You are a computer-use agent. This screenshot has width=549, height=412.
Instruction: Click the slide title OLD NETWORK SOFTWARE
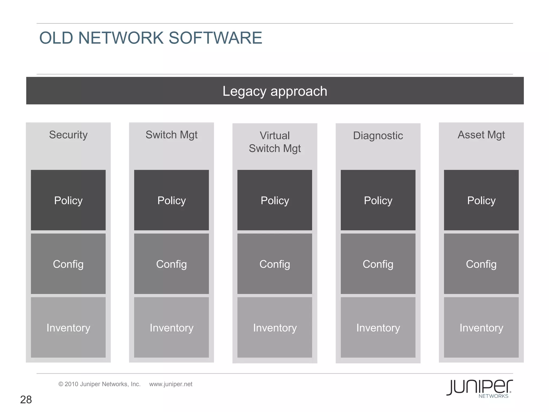150,38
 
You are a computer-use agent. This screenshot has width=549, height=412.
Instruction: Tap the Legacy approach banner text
275,91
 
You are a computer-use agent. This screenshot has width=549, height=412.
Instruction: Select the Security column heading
68,135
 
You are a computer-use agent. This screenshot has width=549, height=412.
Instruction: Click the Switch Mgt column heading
172,135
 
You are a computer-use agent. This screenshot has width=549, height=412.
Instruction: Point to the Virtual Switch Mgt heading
275,142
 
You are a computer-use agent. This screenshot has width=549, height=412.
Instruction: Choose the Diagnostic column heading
378,136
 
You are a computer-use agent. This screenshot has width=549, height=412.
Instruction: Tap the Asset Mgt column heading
481,135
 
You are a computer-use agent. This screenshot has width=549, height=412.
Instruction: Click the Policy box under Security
68,200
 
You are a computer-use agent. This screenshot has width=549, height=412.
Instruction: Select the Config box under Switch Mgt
172,264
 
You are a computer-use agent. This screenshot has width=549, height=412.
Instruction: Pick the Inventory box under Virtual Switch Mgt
275,328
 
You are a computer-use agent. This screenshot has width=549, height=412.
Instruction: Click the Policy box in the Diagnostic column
378,200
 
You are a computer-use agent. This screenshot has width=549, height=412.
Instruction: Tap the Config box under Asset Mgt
481,264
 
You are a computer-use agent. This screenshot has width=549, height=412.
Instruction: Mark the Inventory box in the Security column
68,328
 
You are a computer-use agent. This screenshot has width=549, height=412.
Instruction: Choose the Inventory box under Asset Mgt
481,328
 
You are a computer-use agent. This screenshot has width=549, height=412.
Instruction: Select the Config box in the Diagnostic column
378,264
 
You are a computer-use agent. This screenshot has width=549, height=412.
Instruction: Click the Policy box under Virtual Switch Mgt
275,200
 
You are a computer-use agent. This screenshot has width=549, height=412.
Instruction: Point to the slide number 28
26,400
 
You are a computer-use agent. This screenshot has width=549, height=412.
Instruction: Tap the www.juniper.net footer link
171,384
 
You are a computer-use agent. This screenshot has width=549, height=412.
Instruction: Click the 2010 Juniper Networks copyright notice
99,384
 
